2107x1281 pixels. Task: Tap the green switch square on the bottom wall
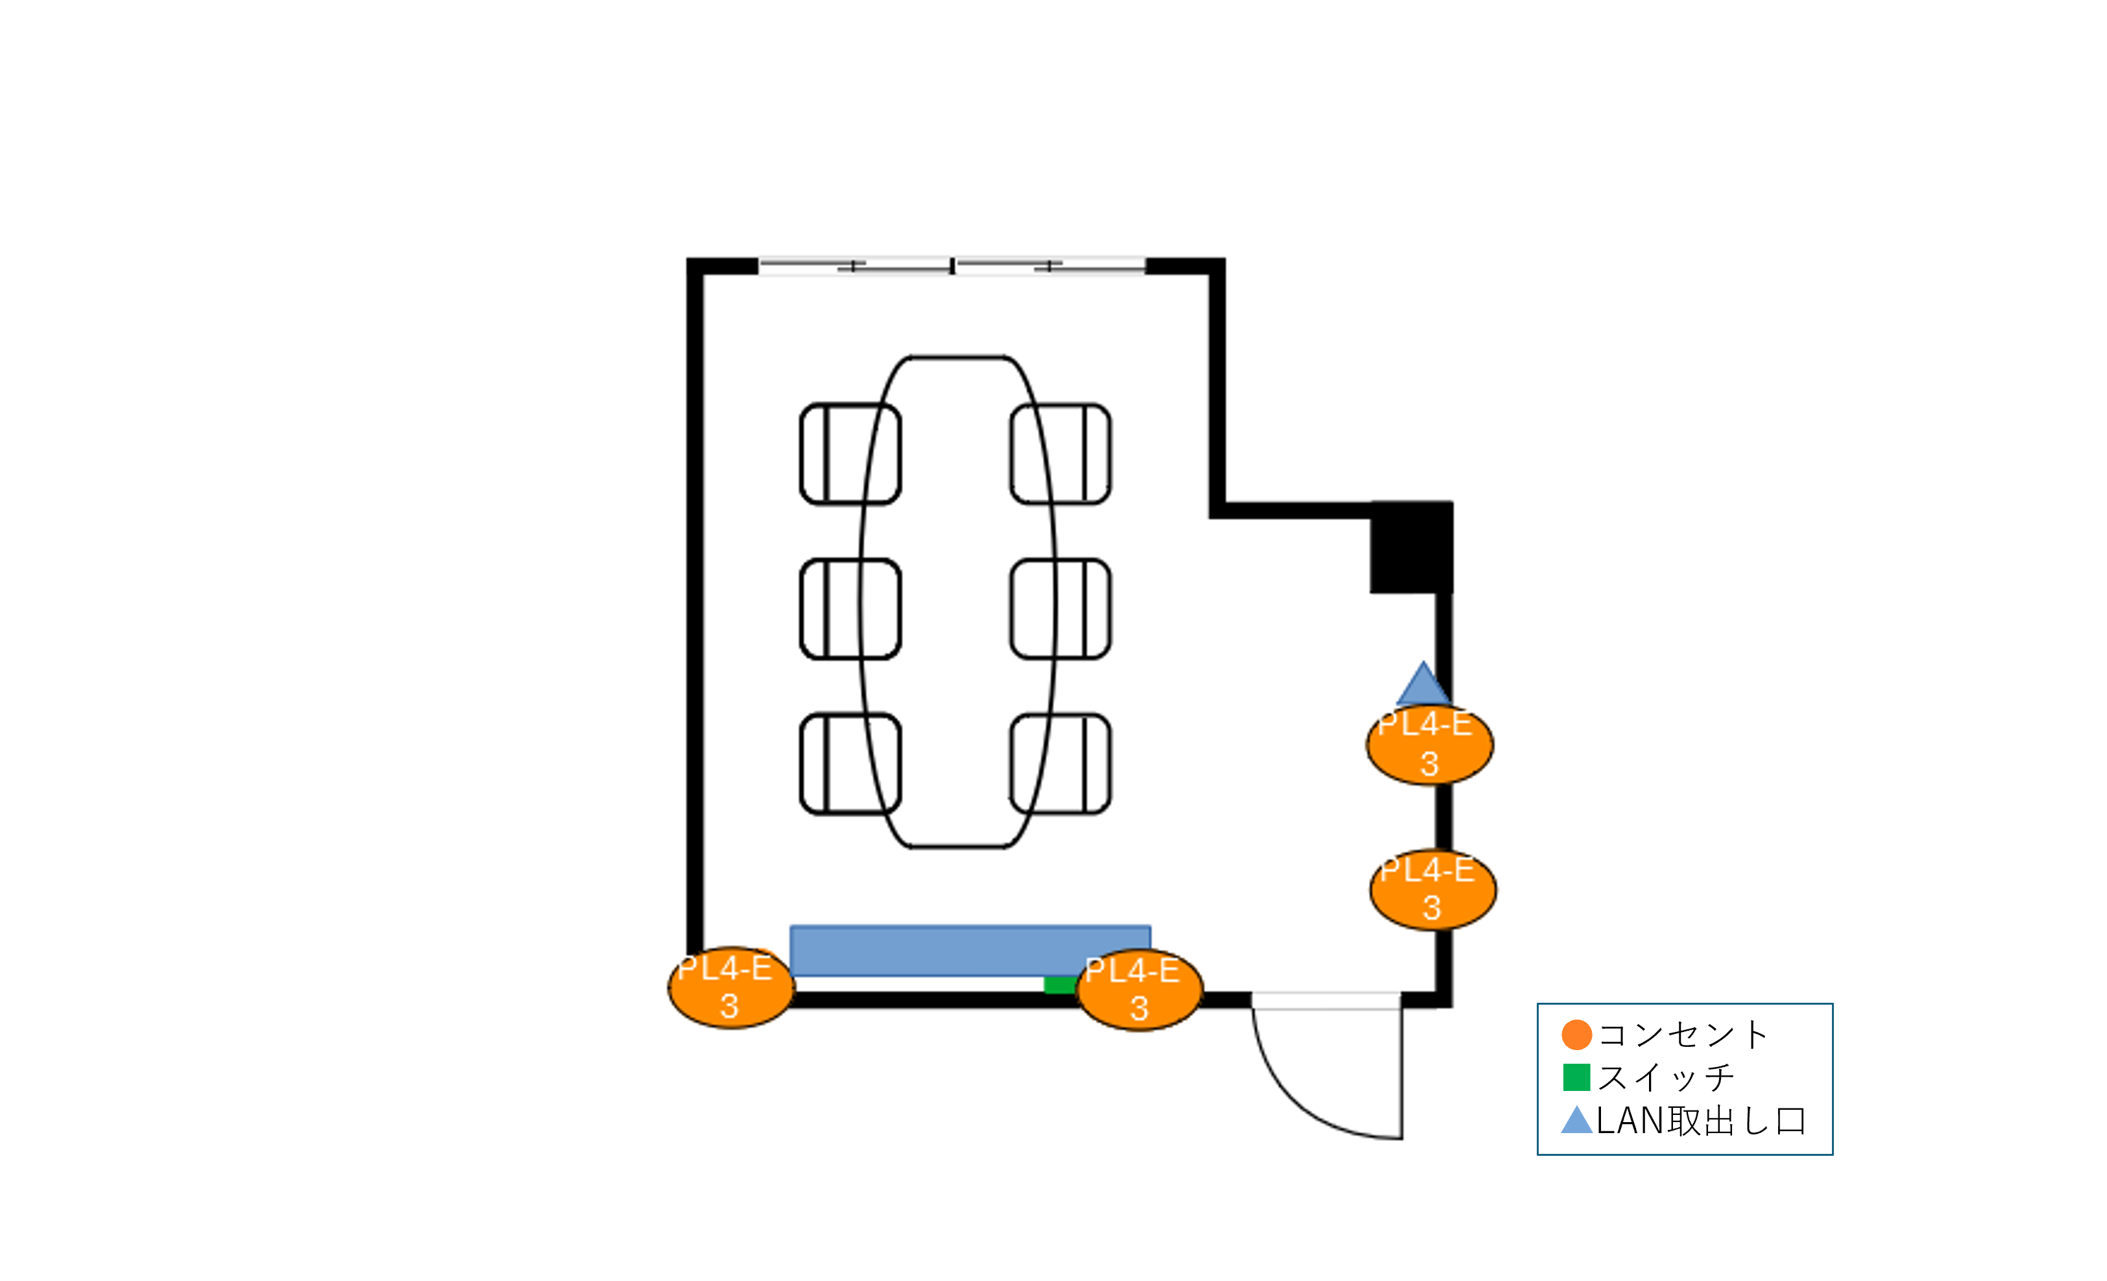point(1061,985)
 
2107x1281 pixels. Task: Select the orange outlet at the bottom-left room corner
point(731,988)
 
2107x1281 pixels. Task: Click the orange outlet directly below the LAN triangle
point(1430,744)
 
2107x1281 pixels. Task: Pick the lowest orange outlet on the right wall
point(1433,889)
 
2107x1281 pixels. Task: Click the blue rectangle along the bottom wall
point(970,950)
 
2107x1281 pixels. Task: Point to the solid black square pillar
point(1412,547)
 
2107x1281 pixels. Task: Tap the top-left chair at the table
point(850,454)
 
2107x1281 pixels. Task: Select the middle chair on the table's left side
point(850,609)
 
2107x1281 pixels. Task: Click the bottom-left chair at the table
point(850,763)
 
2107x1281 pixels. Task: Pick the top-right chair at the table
point(1061,454)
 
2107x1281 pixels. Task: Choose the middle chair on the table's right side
point(1061,609)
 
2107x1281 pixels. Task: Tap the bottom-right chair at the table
point(1061,763)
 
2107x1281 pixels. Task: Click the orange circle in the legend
point(1577,1035)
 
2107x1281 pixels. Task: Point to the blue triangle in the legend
point(1577,1121)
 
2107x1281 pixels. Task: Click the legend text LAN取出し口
point(1701,1121)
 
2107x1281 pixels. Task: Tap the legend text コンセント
point(1683,1035)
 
